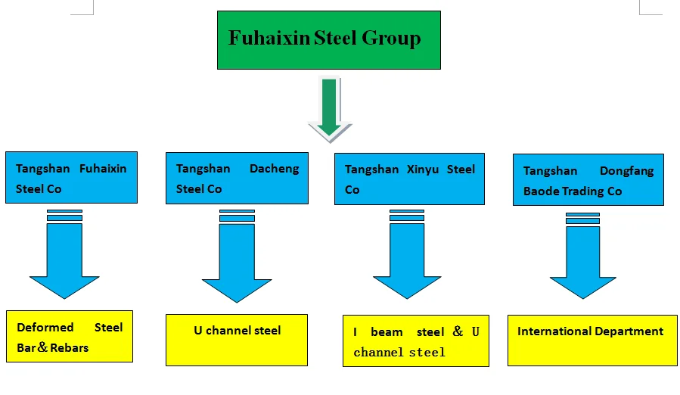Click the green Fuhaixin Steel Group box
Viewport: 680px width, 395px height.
point(328,40)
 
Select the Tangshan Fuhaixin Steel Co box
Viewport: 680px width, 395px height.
point(71,177)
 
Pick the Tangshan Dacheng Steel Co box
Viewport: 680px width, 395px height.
point(237,178)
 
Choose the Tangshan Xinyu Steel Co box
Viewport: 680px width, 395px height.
point(409,179)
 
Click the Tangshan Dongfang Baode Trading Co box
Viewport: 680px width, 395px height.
point(588,180)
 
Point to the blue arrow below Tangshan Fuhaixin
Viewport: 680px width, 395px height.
point(64,257)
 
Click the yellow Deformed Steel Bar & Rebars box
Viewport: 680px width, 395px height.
point(70,336)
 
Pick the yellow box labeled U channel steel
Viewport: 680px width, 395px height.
point(237,340)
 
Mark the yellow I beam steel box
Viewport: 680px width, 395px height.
point(416,341)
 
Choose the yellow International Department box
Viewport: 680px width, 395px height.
point(592,340)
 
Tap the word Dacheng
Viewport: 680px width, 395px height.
point(274,169)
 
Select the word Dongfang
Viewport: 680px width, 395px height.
point(626,172)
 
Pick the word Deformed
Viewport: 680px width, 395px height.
point(45,328)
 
